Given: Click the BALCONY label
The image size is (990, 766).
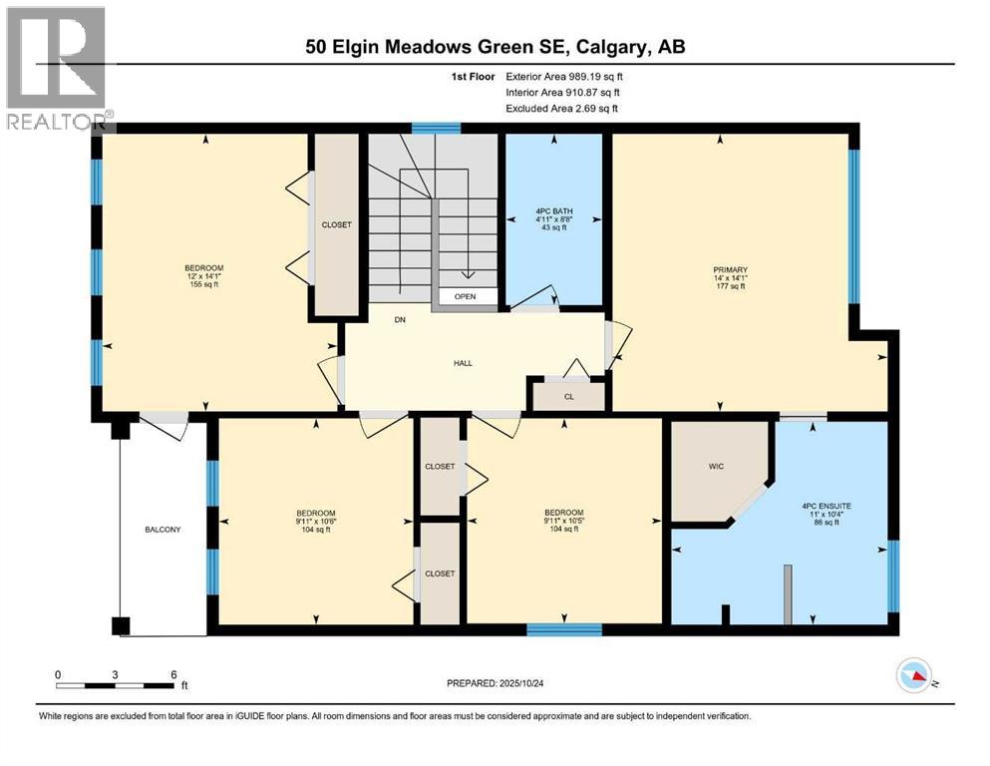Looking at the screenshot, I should point(163,530).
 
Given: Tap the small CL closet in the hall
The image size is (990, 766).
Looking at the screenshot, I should point(568,396).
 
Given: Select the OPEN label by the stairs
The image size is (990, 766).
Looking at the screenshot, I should point(465,297).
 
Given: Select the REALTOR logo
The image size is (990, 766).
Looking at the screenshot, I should point(56,70).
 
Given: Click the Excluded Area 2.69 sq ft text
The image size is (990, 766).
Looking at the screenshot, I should point(561,108).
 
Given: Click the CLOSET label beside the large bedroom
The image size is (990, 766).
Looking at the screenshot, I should point(336,225).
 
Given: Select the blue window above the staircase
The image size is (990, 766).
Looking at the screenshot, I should point(437,128).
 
